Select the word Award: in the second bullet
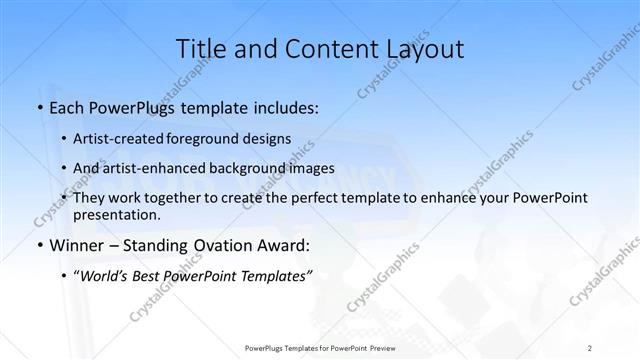[x=279, y=244]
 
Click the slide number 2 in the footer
[x=590, y=348]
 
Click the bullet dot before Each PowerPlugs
[x=39, y=106]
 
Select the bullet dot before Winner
[x=39, y=244]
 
